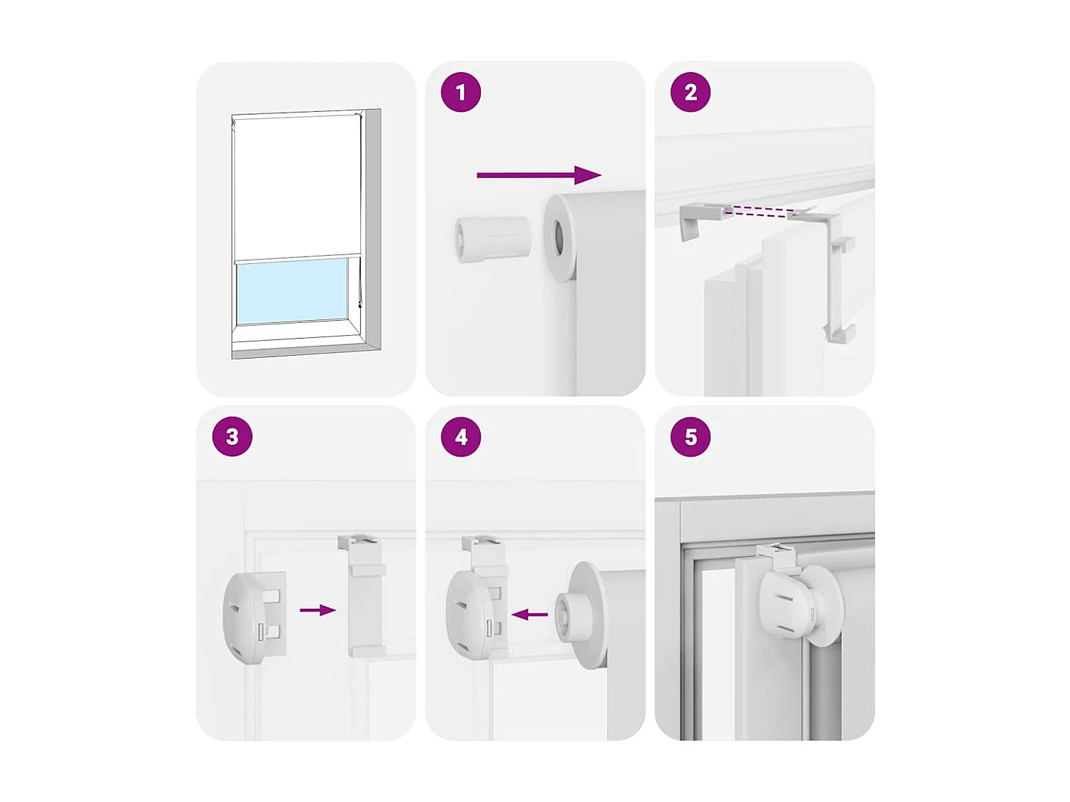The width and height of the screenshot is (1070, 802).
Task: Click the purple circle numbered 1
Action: pos(461,93)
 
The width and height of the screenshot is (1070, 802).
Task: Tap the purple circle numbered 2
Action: pos(691,93)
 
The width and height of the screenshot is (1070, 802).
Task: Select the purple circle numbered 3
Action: pos(233,437)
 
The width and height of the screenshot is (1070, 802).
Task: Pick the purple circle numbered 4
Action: pos(461,437)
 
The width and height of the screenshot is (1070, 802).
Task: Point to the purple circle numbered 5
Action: pos(691,437)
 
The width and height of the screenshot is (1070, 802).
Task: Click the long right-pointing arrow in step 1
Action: pos(539,175)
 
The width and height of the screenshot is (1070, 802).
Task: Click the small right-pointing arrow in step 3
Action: pos(317,610)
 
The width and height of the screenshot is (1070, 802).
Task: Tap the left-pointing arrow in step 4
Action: pos(530,615)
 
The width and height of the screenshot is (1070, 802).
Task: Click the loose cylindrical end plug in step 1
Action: pos(492,239)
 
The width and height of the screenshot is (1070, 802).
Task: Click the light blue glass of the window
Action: pos(292,291)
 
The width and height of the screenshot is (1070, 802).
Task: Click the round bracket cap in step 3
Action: pos(246,617)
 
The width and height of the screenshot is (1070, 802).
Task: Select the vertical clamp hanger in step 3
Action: pos(365,595)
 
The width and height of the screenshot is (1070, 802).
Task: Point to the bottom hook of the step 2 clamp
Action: pos(840,333)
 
